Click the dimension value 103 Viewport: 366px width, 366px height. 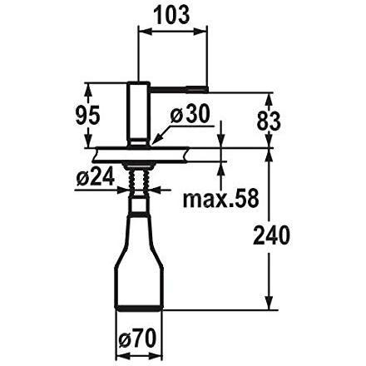pyautogui.click(x=172, y=14)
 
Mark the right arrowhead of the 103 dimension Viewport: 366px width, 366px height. pyautogui.click(x=203, y=33)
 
